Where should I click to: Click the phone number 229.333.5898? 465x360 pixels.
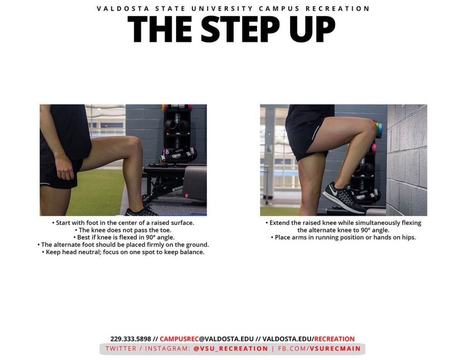[x=131, y=339]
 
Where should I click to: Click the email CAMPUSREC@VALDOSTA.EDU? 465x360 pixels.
[x=207, y=339]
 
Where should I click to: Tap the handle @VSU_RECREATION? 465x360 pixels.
[x=231, y=349]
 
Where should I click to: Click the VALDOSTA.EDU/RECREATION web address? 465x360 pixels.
[x=308, y=339]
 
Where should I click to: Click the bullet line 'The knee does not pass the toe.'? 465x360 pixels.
[x=123, y=230]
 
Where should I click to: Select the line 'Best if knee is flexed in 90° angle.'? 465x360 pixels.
[x=123, y=237]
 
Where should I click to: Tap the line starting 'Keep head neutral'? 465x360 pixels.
[x=123, y=252]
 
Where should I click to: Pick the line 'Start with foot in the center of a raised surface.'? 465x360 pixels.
[x=123, y=223]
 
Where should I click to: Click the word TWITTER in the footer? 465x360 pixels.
[x=121, y=349]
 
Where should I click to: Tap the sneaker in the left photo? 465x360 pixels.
[x=142, y=211]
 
